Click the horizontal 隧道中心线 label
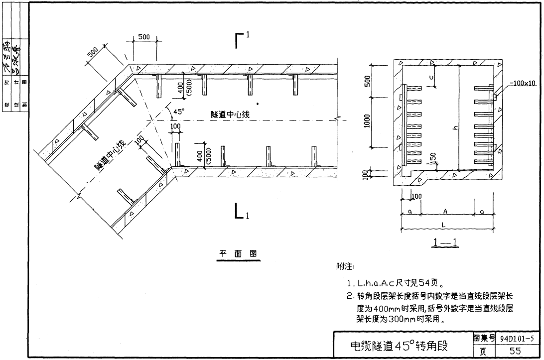(230, 115)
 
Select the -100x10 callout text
(522, 83)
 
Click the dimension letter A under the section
(446, 211)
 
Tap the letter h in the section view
(454, 128)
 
